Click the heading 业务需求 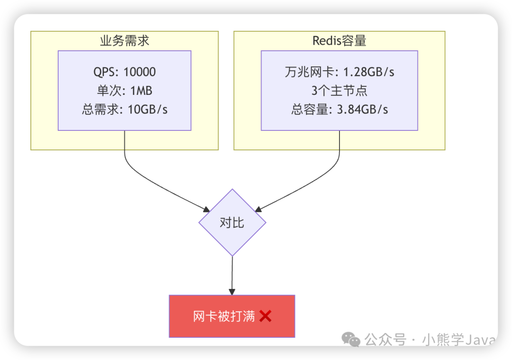coord(125,41)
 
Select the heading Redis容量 coord(339,41)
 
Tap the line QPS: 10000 coord(125,72)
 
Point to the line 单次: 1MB coord(125,91)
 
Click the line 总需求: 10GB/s coord(125,109)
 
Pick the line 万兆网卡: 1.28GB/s coord(339,72)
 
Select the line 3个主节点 coord(339,91)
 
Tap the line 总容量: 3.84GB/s coord(339,109)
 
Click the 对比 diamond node coord(232,222)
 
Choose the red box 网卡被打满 coord(232,316)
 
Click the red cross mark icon coord(265,316)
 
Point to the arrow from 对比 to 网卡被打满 coord(232,275)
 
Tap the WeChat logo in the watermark coord(352,339)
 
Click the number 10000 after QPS coord(139,72)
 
